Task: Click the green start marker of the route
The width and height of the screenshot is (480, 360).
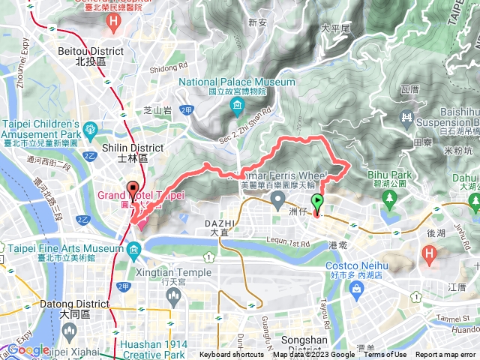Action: [317, 202]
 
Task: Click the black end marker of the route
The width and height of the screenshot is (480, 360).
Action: [133, 190]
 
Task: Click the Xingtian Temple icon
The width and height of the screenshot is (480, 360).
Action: [173, 296]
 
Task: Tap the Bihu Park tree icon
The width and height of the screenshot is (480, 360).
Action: [388, 199]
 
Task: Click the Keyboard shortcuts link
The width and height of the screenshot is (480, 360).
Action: [232, 355]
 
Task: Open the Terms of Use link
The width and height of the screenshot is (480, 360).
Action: [385, 355]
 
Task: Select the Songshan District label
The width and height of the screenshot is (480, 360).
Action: [300, 349]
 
